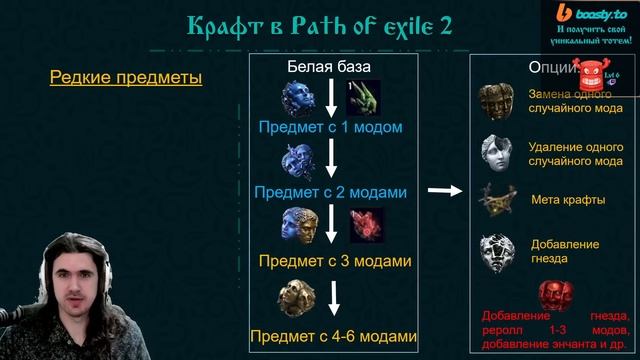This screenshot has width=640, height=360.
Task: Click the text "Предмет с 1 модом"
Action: (x=330, y=128)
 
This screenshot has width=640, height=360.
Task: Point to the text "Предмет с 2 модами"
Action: (x=330, y=191)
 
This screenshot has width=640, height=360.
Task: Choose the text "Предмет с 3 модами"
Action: (x=335, y=262)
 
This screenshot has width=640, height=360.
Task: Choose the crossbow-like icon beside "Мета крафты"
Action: (x=498, y=200)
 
